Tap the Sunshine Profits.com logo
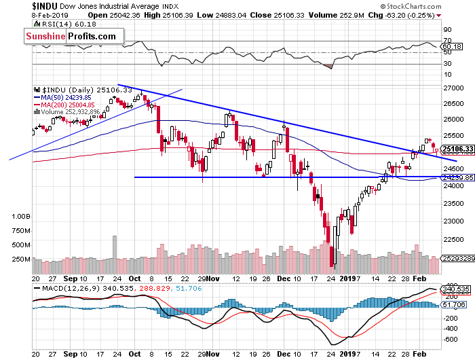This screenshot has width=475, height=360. tap(72, 37)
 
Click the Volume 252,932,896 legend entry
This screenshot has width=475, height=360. tap(75, 112)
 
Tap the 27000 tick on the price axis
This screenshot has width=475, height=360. tap(452, 88)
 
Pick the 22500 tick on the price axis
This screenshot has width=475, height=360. tap(452, 238)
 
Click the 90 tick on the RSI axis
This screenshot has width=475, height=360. tap(447, 30)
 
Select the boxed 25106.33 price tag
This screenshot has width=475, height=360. tap(456, 149)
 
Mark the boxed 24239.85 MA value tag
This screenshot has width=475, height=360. tap(456, 177)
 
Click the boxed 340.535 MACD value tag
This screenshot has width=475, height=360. tap(455, 291)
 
